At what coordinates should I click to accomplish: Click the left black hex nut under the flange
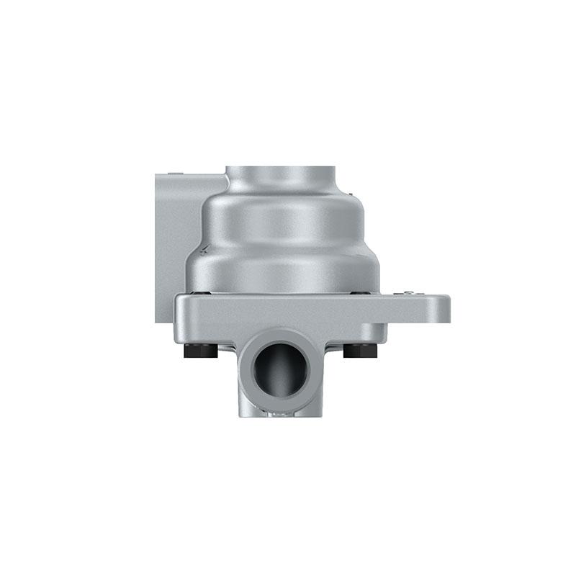202,351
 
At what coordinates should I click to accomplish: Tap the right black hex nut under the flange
360,351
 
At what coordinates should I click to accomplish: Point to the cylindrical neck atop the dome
281,177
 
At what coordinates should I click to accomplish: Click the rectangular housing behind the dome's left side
171,238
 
